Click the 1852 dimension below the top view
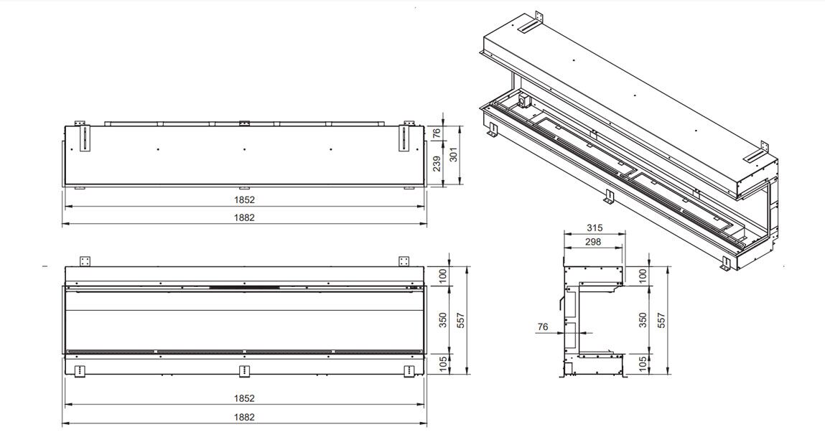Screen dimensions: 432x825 click(245, 199)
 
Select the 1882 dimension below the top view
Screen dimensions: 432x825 click(245, 217)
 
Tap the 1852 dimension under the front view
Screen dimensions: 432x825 click(245, 398)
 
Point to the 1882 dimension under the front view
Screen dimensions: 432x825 click(245, 416)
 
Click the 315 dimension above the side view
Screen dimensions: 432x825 click(594, 227)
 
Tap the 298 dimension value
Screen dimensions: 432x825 click(593, 242)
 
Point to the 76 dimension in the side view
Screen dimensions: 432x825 click(543, 327)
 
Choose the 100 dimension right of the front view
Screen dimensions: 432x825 click(442, 275)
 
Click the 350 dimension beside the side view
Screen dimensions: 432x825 click(643, 319)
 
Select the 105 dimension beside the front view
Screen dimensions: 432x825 click(442, 363)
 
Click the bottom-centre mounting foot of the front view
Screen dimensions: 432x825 click(245, 370)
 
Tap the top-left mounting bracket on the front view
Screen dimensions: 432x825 click(86, 260)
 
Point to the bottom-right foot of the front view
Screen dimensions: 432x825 click(409, 370)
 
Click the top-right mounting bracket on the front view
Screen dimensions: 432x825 click(404, 260)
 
